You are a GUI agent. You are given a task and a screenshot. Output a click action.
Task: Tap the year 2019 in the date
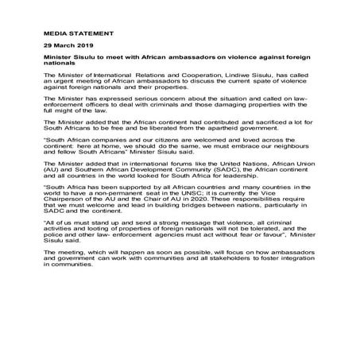point(92,47)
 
